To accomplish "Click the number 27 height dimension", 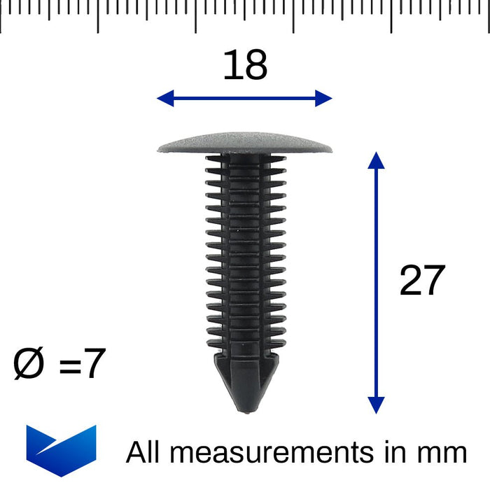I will point(422,281).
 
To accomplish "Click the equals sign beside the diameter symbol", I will point(69,366).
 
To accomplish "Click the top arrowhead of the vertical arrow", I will point(376,160).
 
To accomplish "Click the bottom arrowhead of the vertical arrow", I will point(376,405).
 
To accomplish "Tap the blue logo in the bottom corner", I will point(61,449).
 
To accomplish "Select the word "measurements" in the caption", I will point(272,452).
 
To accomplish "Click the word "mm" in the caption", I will point(442,454).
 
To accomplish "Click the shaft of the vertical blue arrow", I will point(376,280).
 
